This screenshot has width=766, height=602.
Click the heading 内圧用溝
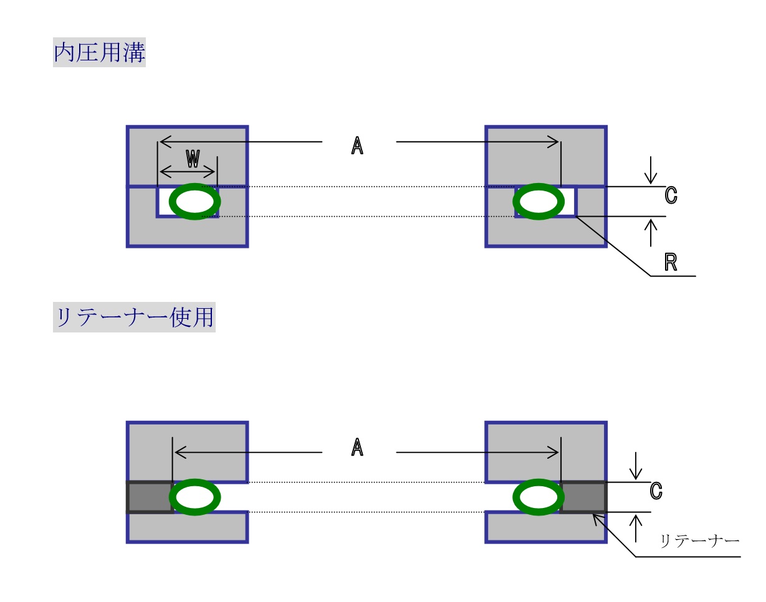point(99,53)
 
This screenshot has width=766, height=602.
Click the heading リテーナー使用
point(134,317)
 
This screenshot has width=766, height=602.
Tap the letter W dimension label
point(193,159)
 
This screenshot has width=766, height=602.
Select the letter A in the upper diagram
point(357,146)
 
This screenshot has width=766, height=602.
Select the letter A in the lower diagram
point(357,447)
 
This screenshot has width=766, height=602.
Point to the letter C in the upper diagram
point(671,195)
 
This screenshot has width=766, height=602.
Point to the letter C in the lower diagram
point(656,491)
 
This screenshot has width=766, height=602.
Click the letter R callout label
point(671,263)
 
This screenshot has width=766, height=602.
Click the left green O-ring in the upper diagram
point(195,202)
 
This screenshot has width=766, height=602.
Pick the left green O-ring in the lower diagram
point(195,497)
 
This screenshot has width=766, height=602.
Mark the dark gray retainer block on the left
point(150,497)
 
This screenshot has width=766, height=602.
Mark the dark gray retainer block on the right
point(583,497)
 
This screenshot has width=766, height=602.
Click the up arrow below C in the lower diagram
point(636,527)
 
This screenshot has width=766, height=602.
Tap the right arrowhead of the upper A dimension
point(555,142)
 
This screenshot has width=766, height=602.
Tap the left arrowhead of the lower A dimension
point(178,453)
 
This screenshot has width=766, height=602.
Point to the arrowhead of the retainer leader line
point(596,515)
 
